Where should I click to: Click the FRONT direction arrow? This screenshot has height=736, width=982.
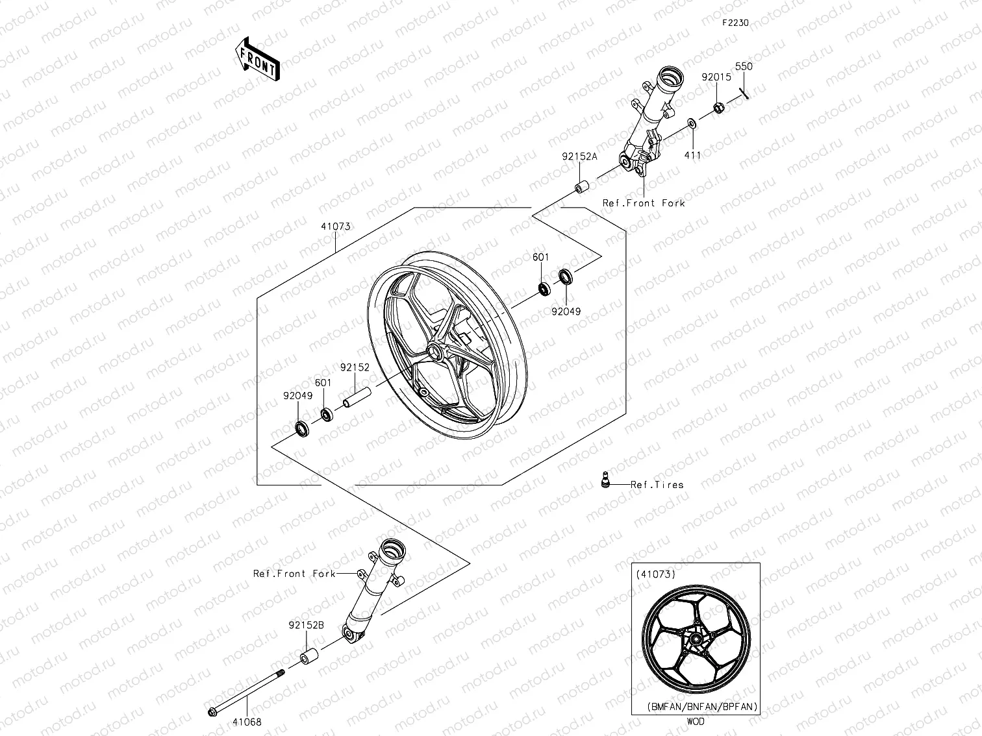click(258, 58)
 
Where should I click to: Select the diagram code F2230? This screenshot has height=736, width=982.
click(735, 23)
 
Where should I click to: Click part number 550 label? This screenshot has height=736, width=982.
click(744, 66)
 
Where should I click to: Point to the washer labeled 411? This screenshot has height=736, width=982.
click(692, 123)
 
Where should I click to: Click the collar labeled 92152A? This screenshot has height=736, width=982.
click(579, 188)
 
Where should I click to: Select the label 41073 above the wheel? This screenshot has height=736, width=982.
click(335, 227)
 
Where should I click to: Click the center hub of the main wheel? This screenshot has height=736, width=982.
click(432, 353)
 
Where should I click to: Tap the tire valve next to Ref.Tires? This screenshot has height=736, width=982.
click(605, 479)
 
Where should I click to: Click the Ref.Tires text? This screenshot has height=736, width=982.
click(657, 484)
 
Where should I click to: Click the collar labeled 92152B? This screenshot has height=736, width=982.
click(308, 657)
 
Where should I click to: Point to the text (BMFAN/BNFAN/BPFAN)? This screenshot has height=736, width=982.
click(702, 707)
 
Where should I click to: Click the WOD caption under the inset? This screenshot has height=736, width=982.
click(695, 721)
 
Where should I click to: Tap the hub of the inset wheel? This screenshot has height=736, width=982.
click(696, 640)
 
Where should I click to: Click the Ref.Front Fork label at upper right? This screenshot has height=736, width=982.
click(643, 203)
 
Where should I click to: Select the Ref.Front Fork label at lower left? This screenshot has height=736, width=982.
click(294, 574)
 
